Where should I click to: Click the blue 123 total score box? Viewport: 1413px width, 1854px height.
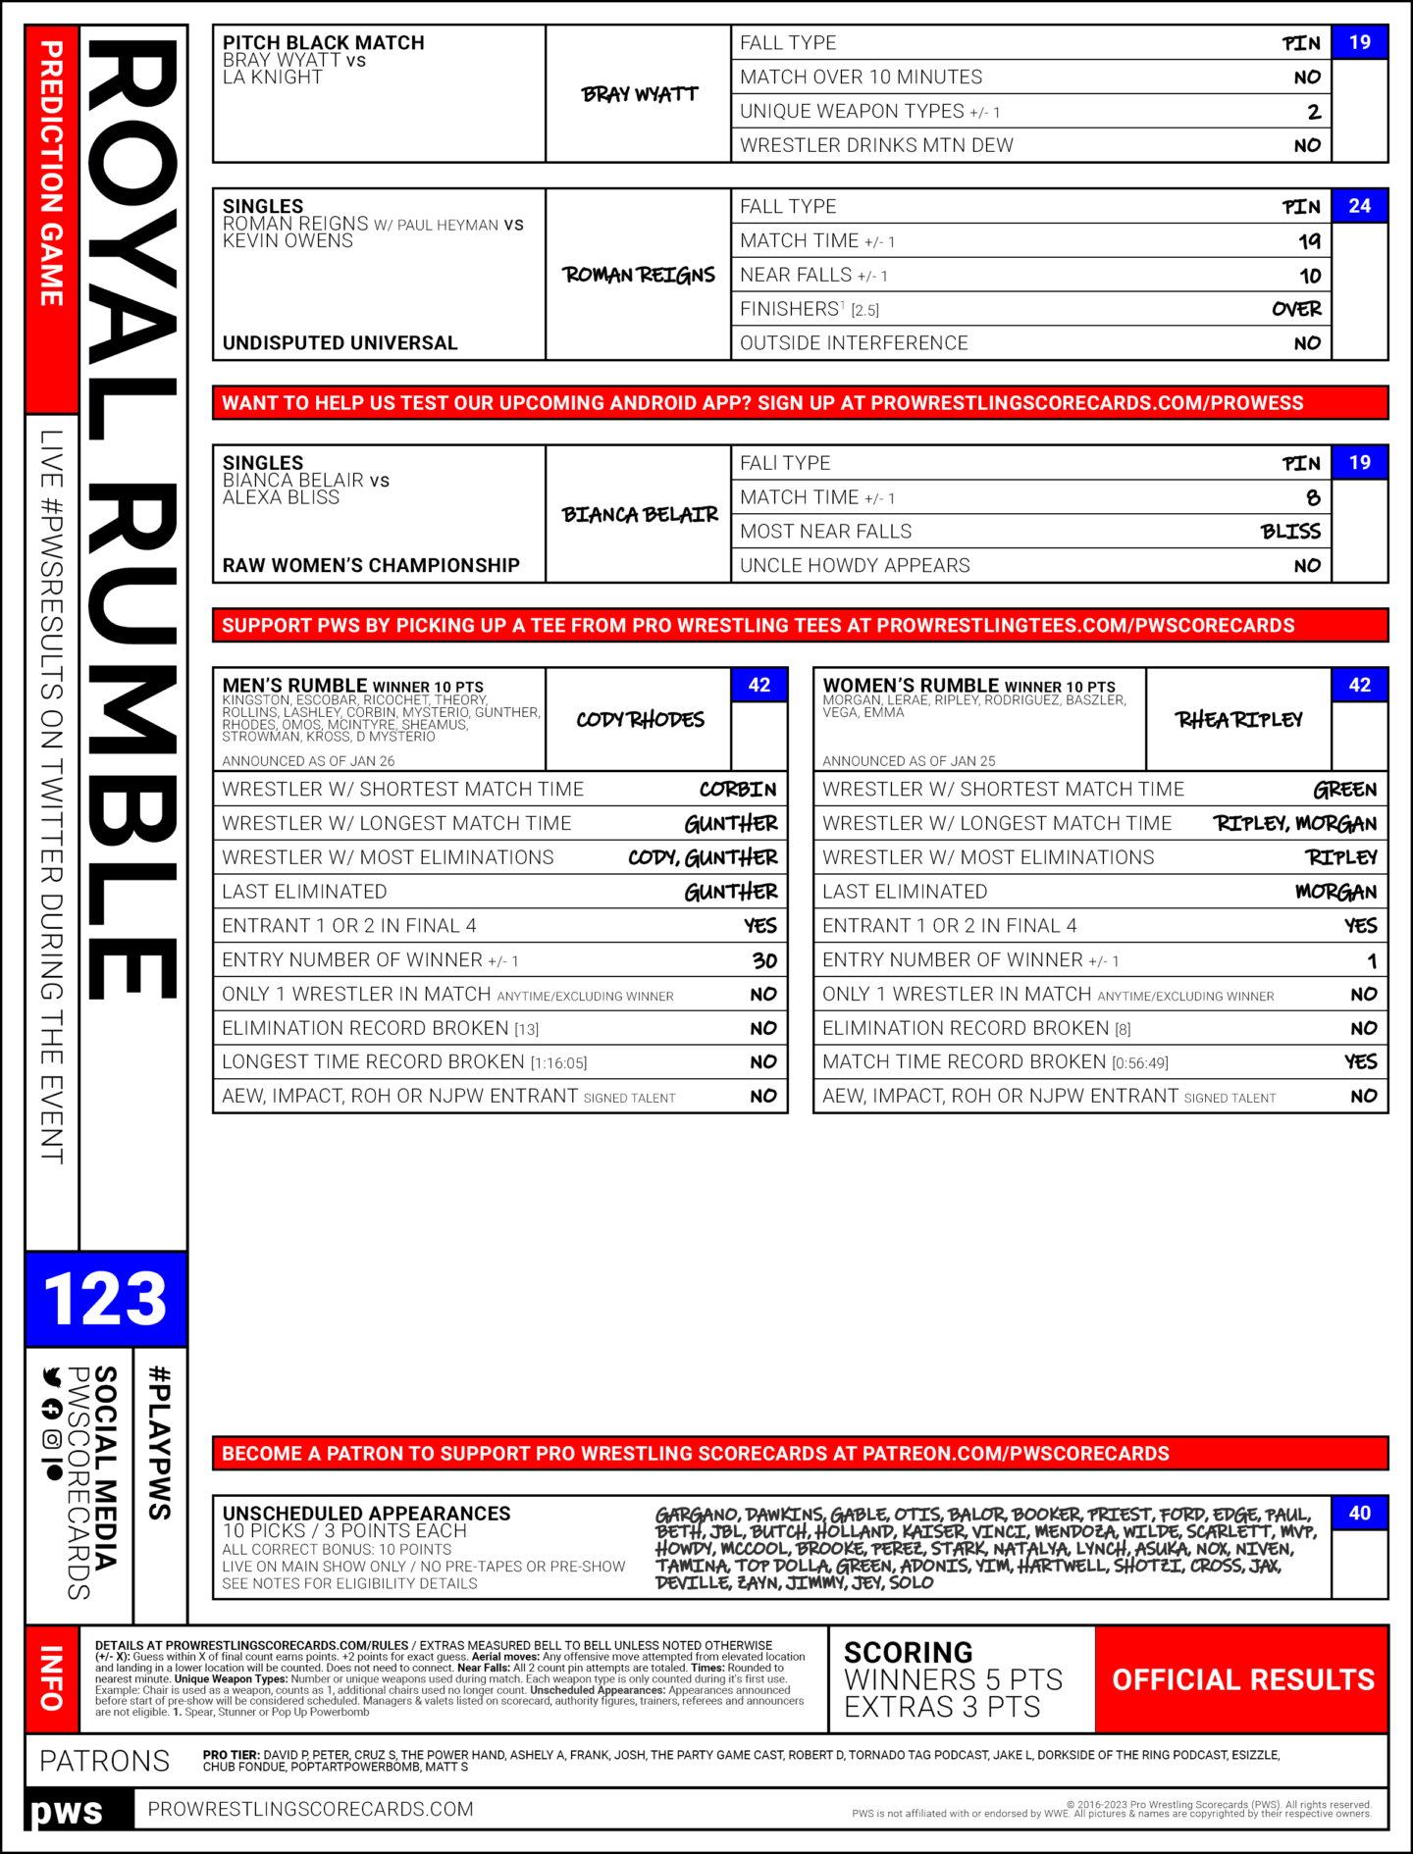click(x=106, y=1299)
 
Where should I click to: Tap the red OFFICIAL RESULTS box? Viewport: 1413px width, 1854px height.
click(x=1242, y=1679)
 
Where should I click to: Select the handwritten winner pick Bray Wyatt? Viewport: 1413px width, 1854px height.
click(x=640, y=94)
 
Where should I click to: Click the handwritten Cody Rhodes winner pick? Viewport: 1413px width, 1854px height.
click(x=640, y=720)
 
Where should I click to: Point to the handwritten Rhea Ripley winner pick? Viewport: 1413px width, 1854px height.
click(x=1239, y=720)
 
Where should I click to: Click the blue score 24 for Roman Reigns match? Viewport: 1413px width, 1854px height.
click(x=1359, y=206)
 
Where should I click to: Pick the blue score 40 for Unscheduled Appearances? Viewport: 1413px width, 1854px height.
click(x=1359, y=1513)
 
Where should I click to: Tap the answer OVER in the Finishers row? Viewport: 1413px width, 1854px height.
click(x=1296, y=309)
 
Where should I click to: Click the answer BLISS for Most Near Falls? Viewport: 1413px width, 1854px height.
click(x=1290, y=532)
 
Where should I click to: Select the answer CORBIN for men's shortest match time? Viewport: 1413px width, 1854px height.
click(x=738, y=790)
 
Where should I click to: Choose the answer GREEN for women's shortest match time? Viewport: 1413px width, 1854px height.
click(x=1345, y=790)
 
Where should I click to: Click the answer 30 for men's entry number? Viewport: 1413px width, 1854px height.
click(x=764, y=960)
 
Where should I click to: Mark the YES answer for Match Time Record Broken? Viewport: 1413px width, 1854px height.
click(x=1361, y=1062)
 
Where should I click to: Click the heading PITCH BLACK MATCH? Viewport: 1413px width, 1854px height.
click(x=324, y=43)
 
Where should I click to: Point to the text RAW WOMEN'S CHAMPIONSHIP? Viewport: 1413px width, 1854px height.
click(x=371, y=565)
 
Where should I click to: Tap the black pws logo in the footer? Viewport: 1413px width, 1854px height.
click(x=67, y=1810)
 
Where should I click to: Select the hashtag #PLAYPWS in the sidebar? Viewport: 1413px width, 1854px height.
click(x=159, y=1442)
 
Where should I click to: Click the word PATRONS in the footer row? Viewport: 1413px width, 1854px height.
click(x=105, y=1761)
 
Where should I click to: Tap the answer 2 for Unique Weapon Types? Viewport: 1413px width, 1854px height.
click(x=1314, y=112)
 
